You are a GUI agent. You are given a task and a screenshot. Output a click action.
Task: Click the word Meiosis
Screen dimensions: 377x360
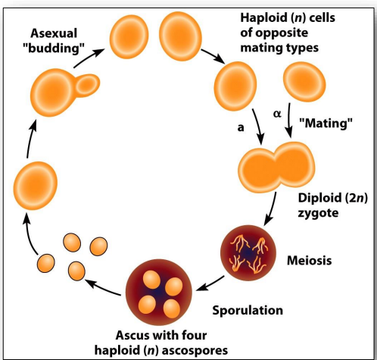pos(309,260)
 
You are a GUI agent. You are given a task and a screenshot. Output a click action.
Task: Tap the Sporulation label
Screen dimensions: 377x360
pos(248,311)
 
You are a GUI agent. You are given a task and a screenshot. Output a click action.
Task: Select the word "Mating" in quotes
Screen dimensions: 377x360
pos(326,123)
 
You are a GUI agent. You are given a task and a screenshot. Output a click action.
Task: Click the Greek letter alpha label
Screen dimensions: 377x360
pos(277,114)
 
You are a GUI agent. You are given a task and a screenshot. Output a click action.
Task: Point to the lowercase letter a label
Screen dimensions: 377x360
pos(241,127)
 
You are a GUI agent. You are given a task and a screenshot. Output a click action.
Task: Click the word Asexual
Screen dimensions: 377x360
pos(54,33)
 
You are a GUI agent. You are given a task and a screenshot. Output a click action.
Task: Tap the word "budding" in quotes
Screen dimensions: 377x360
pos(53,48)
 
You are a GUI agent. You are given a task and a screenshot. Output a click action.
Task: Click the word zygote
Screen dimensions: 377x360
pos(318,214)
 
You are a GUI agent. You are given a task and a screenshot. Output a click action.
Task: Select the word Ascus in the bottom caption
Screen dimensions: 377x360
pos(132,336)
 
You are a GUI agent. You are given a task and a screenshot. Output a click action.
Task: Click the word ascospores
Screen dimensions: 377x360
pos(195,351)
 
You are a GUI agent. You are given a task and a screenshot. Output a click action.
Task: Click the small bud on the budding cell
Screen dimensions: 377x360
pos(87,86)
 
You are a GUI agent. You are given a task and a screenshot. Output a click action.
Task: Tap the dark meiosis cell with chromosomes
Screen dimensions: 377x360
pos(248,252)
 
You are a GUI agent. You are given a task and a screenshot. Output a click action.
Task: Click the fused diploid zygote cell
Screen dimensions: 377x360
pos(276,167)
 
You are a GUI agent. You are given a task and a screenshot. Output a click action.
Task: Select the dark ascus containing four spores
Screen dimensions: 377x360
pos(159,293)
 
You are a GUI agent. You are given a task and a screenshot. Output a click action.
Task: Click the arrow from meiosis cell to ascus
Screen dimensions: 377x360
pos(210,283)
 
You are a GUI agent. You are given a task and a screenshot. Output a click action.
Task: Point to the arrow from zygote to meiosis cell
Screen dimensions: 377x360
pos(271,208)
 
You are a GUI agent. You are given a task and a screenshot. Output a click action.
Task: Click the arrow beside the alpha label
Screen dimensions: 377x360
pos(289,121)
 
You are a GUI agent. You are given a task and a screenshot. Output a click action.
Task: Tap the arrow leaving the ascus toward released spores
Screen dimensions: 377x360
pos(103,286)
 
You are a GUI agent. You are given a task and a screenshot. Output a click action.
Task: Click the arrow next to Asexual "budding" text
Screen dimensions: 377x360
pos(89,58)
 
